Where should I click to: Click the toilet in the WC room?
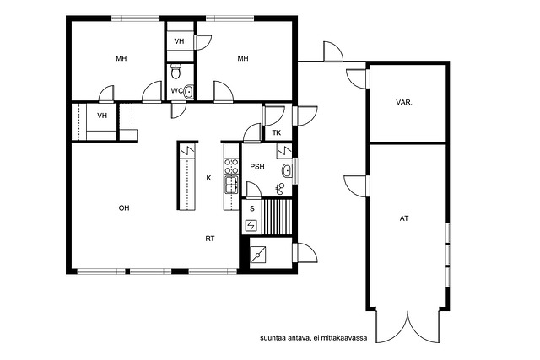coord(176,72)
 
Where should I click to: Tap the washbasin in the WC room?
coord(188,92)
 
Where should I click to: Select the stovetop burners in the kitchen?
coord(231,166)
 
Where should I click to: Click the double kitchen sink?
coord(231,184)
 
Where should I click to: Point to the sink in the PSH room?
coord(287,170)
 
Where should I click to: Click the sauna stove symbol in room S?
coord(251,225)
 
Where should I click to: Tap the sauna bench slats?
coord(277,217)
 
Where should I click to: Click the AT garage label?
coord(404,218)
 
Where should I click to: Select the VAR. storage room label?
coord(404,102)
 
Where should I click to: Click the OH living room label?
coord(124,208)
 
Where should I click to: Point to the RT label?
coord(210,239)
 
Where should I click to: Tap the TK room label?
coord(277,132)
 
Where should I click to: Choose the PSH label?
coord(257,167)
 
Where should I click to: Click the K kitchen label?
coord(208,178)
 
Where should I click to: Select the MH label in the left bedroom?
coord(121,58)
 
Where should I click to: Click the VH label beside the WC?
coord(179,41)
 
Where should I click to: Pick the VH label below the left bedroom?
coord(102,116)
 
